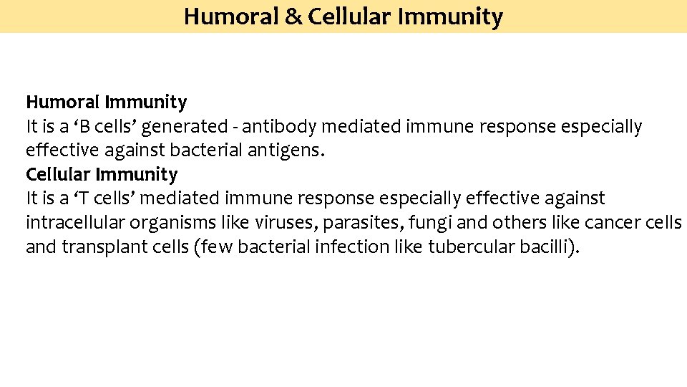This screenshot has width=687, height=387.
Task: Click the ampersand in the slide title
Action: tap(292, 16)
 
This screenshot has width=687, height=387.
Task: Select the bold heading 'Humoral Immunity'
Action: tap(106, 102)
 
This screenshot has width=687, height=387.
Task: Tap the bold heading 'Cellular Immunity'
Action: tap(102, 174)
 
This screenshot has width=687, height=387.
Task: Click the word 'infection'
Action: tap(361, 247)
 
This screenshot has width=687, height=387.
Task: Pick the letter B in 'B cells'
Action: tap(84, 127)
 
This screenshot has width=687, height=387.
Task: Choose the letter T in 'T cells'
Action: tap(84, 199)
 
